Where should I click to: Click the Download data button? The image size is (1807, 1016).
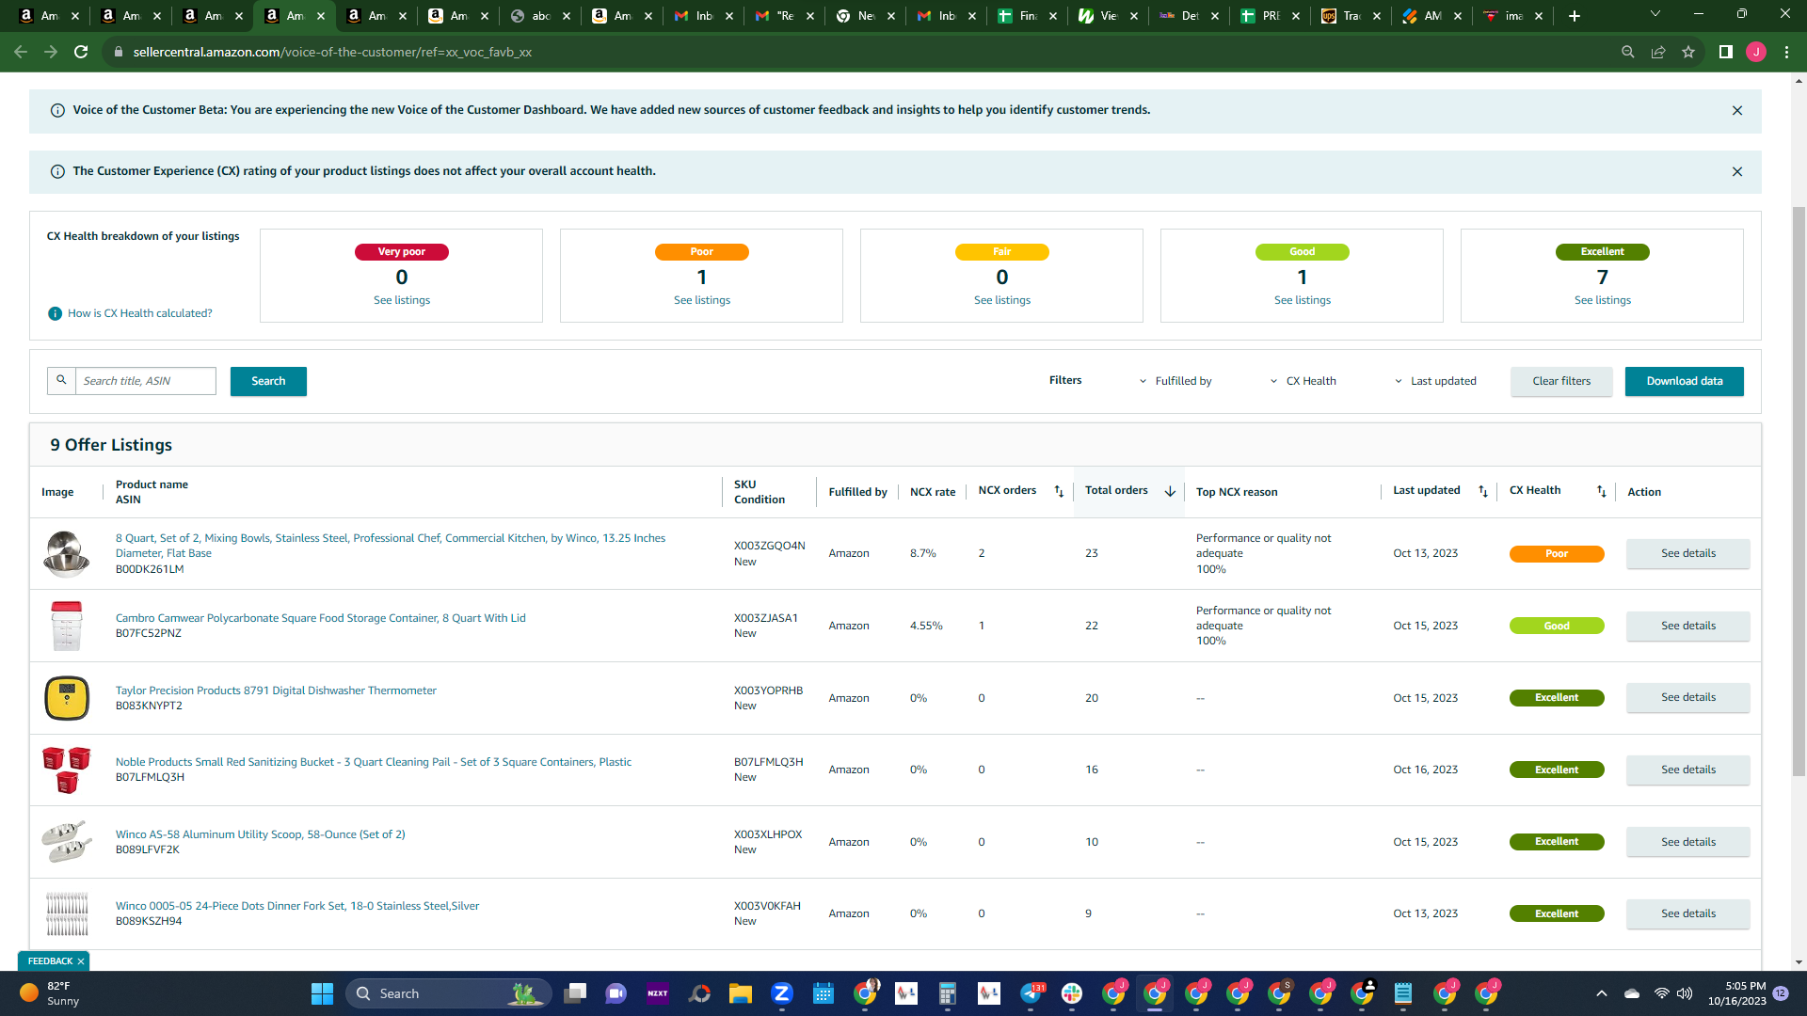[x=1684, y=381]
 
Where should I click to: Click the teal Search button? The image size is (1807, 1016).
[x=268, y=381]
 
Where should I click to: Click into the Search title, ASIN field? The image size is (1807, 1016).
[x=146, y=381]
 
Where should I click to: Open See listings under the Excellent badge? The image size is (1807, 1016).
[x=1602, y=300]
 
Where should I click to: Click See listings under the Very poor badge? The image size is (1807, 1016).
[x=402, y=300]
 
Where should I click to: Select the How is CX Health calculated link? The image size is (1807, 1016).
[x=140, y=313]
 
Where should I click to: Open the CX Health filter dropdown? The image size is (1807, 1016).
[x=1303, y=381]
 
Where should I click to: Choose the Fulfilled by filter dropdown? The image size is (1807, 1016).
[x=1175, y=381]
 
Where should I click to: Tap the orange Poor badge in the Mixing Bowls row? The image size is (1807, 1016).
[x=1557, y=554]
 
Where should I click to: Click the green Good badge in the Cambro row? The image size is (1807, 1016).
[x=1557, y=626]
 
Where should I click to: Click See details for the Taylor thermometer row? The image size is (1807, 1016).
[x=1688, y=698]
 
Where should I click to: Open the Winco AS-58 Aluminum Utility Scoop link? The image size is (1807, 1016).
[x=261, y=834]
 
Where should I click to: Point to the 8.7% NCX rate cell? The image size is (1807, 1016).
[x=923, y=553]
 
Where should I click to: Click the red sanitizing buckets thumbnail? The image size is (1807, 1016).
[x=67, y=770]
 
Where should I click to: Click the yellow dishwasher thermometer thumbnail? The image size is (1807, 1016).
[x=67, y=698]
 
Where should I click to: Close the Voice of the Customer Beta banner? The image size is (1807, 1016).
[x=1737, y=111]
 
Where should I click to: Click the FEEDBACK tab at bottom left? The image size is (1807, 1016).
[x=54, y=961]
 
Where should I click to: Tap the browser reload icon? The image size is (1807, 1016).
[x=81, y=52]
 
